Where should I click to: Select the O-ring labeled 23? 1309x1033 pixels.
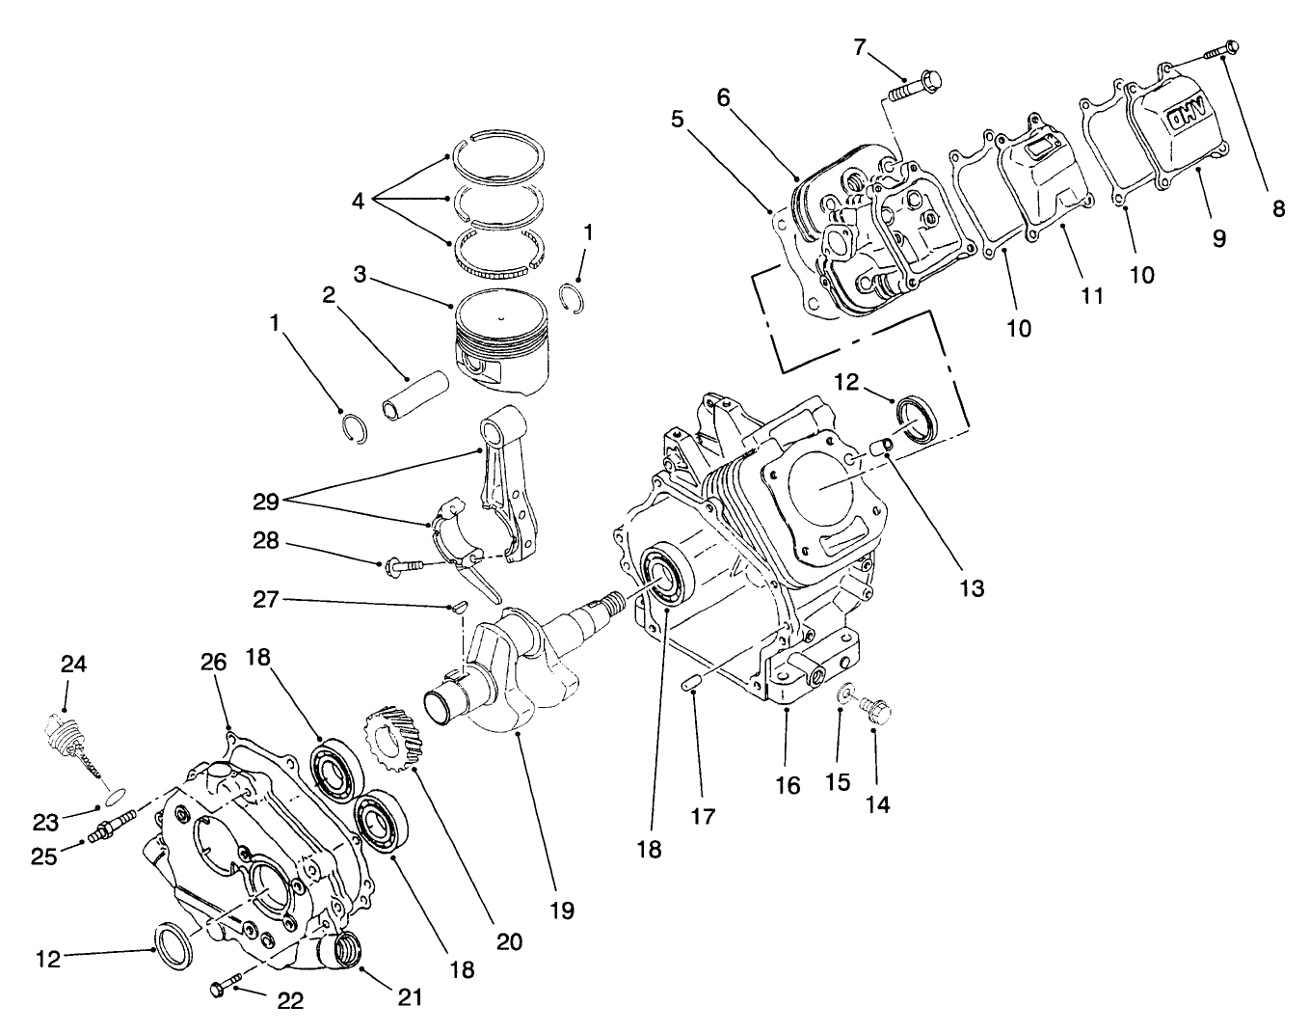point(114,795)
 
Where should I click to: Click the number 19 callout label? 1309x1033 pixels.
point(561,910)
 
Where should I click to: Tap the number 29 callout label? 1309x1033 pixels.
point(267,502)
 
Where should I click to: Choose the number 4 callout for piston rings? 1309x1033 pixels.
point(359,203)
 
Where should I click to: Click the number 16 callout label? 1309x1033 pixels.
point(788,786)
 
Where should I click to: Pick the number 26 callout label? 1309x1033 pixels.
point(213,663)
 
